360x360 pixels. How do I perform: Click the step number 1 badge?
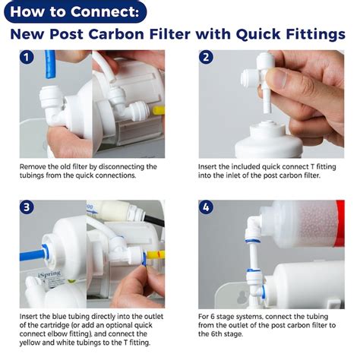pos(28,58)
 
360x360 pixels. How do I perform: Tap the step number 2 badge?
pos(207,58)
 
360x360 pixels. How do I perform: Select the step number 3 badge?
pos(28,208)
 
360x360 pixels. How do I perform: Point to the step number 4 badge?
pos(207,208)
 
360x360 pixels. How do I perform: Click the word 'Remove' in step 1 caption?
pos(34,166)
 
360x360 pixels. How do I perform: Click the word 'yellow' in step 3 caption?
pos(32,342)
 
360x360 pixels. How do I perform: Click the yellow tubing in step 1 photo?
pos(159,109)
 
